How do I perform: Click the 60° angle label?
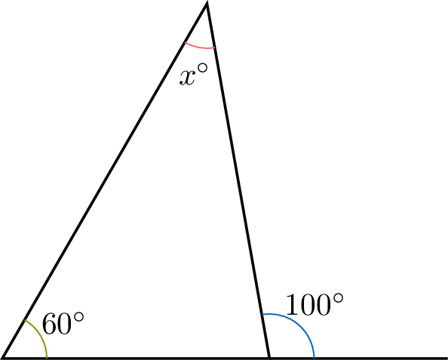[63, 324]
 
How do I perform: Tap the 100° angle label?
[315, 305]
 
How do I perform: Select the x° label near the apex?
[193, 75]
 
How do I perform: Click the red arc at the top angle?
[199, 47]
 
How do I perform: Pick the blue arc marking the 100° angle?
[301, 323]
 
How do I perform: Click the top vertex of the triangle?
[207, 4]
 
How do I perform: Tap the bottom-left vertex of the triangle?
[4, 358]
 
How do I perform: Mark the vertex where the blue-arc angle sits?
[269, 358]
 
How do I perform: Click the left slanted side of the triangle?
[105, 180]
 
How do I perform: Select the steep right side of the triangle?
[238, 180]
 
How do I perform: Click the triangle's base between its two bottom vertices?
[137, 358]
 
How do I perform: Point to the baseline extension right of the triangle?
[358, 358]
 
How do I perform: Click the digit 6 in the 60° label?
[49, 324]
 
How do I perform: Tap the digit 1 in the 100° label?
[292, 305]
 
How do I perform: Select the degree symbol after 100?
[338, 299]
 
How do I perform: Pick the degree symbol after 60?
[78, 317]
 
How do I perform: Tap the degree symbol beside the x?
[202, 69]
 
